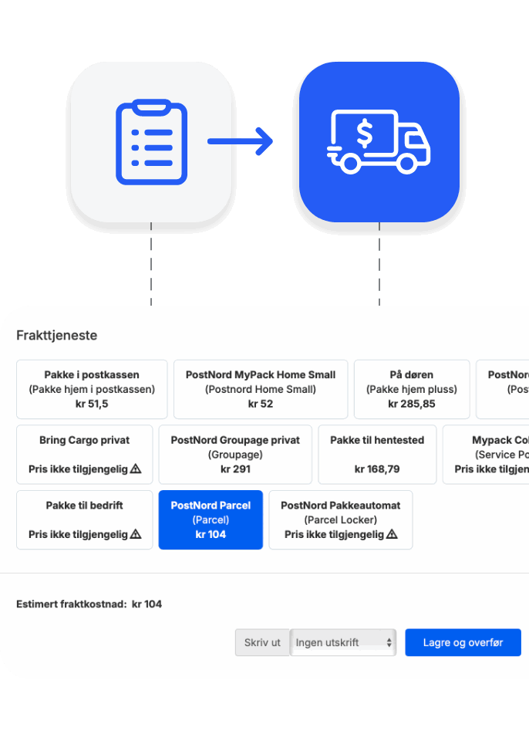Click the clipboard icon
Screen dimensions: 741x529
[x=151, y=142]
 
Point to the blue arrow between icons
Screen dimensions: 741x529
[x=241, y=141]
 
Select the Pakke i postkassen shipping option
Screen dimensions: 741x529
[x=92, y=389]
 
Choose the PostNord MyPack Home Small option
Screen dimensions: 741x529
[x=261, y=389]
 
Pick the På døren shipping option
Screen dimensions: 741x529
[x=412, y=389]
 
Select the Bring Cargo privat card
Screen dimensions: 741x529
[x=85, y=455]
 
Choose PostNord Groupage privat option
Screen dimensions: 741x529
[x=235, y=455]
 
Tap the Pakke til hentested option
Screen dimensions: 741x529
[x=377, y=455]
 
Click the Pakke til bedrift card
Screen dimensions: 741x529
[x=85, y=519]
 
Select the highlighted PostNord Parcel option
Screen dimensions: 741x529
[x=211, y=519]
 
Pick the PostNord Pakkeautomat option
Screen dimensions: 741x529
[x=341, y=519]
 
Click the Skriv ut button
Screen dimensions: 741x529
[x=262, y=642]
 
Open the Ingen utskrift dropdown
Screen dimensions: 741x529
[x=343, y=642]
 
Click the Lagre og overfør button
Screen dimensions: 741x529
[x=463, y=642]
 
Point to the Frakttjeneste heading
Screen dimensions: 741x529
[x=57, y=336]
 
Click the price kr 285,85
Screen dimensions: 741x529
[x=412, y=404]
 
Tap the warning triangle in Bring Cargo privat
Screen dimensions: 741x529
[x=136, y=469]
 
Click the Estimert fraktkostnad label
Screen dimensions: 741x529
[x=71, y=604]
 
